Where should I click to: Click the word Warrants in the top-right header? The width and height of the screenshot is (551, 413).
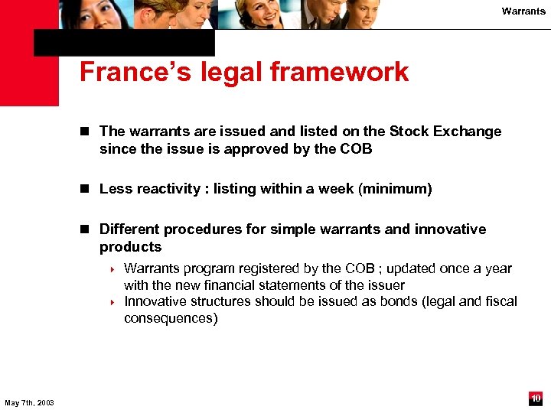523,11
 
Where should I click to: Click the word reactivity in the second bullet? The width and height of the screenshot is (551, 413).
170,189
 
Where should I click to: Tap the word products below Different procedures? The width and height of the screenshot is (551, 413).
130,247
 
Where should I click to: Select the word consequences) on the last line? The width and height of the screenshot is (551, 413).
171,318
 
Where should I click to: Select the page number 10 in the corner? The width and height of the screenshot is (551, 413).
536,398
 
